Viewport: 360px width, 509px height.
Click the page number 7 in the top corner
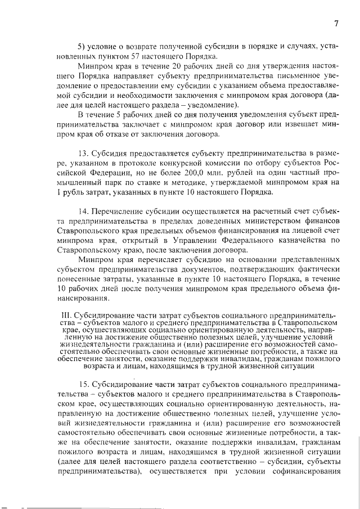[336, 23]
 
